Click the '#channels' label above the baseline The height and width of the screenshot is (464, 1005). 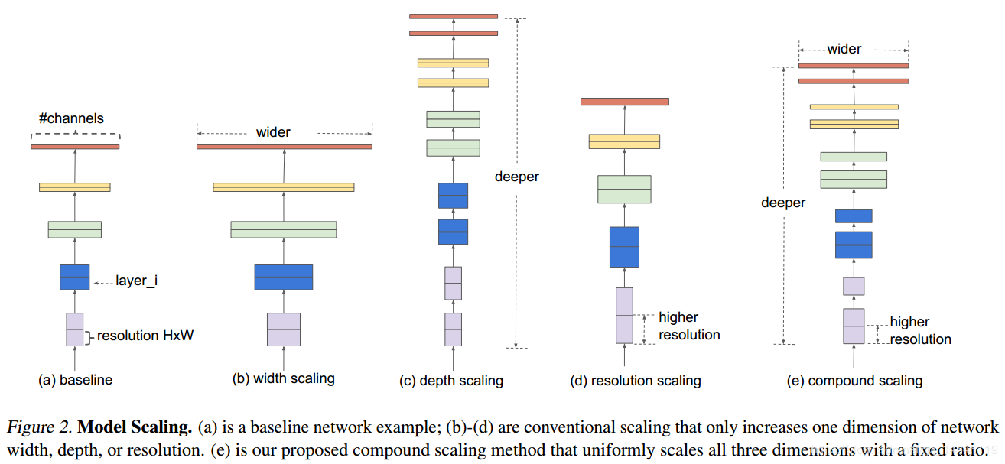[x=71, y=118]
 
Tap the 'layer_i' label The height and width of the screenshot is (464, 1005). [x=137, y=281]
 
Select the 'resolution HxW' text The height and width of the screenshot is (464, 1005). [x=145, y=336]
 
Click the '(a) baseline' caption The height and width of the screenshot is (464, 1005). [x=75, y=379]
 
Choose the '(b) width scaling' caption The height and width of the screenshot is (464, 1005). [x=284, y=378]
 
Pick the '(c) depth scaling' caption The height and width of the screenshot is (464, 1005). [x=451, y=380]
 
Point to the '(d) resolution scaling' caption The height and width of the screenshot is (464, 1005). [x=636, y=380]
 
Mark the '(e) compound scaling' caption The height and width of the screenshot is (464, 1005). [x=854, y=380]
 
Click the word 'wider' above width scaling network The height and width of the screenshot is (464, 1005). [x=273, y=132]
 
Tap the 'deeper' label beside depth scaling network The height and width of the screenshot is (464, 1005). [x=516, y=177]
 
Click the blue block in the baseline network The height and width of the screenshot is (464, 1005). [x=75, y=277]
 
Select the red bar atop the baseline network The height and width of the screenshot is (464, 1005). [x=75, y=146]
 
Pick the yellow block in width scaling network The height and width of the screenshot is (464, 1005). [x=284, y=187]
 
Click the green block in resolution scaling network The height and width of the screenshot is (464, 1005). [x=624, y=189]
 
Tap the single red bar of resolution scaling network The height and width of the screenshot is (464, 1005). [x=624, y=102]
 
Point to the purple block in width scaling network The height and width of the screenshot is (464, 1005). [x=284, y=329]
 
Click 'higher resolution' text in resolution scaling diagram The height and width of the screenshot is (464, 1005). [x=689, y=326]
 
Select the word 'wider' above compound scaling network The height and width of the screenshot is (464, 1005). [x=844, y=49]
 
